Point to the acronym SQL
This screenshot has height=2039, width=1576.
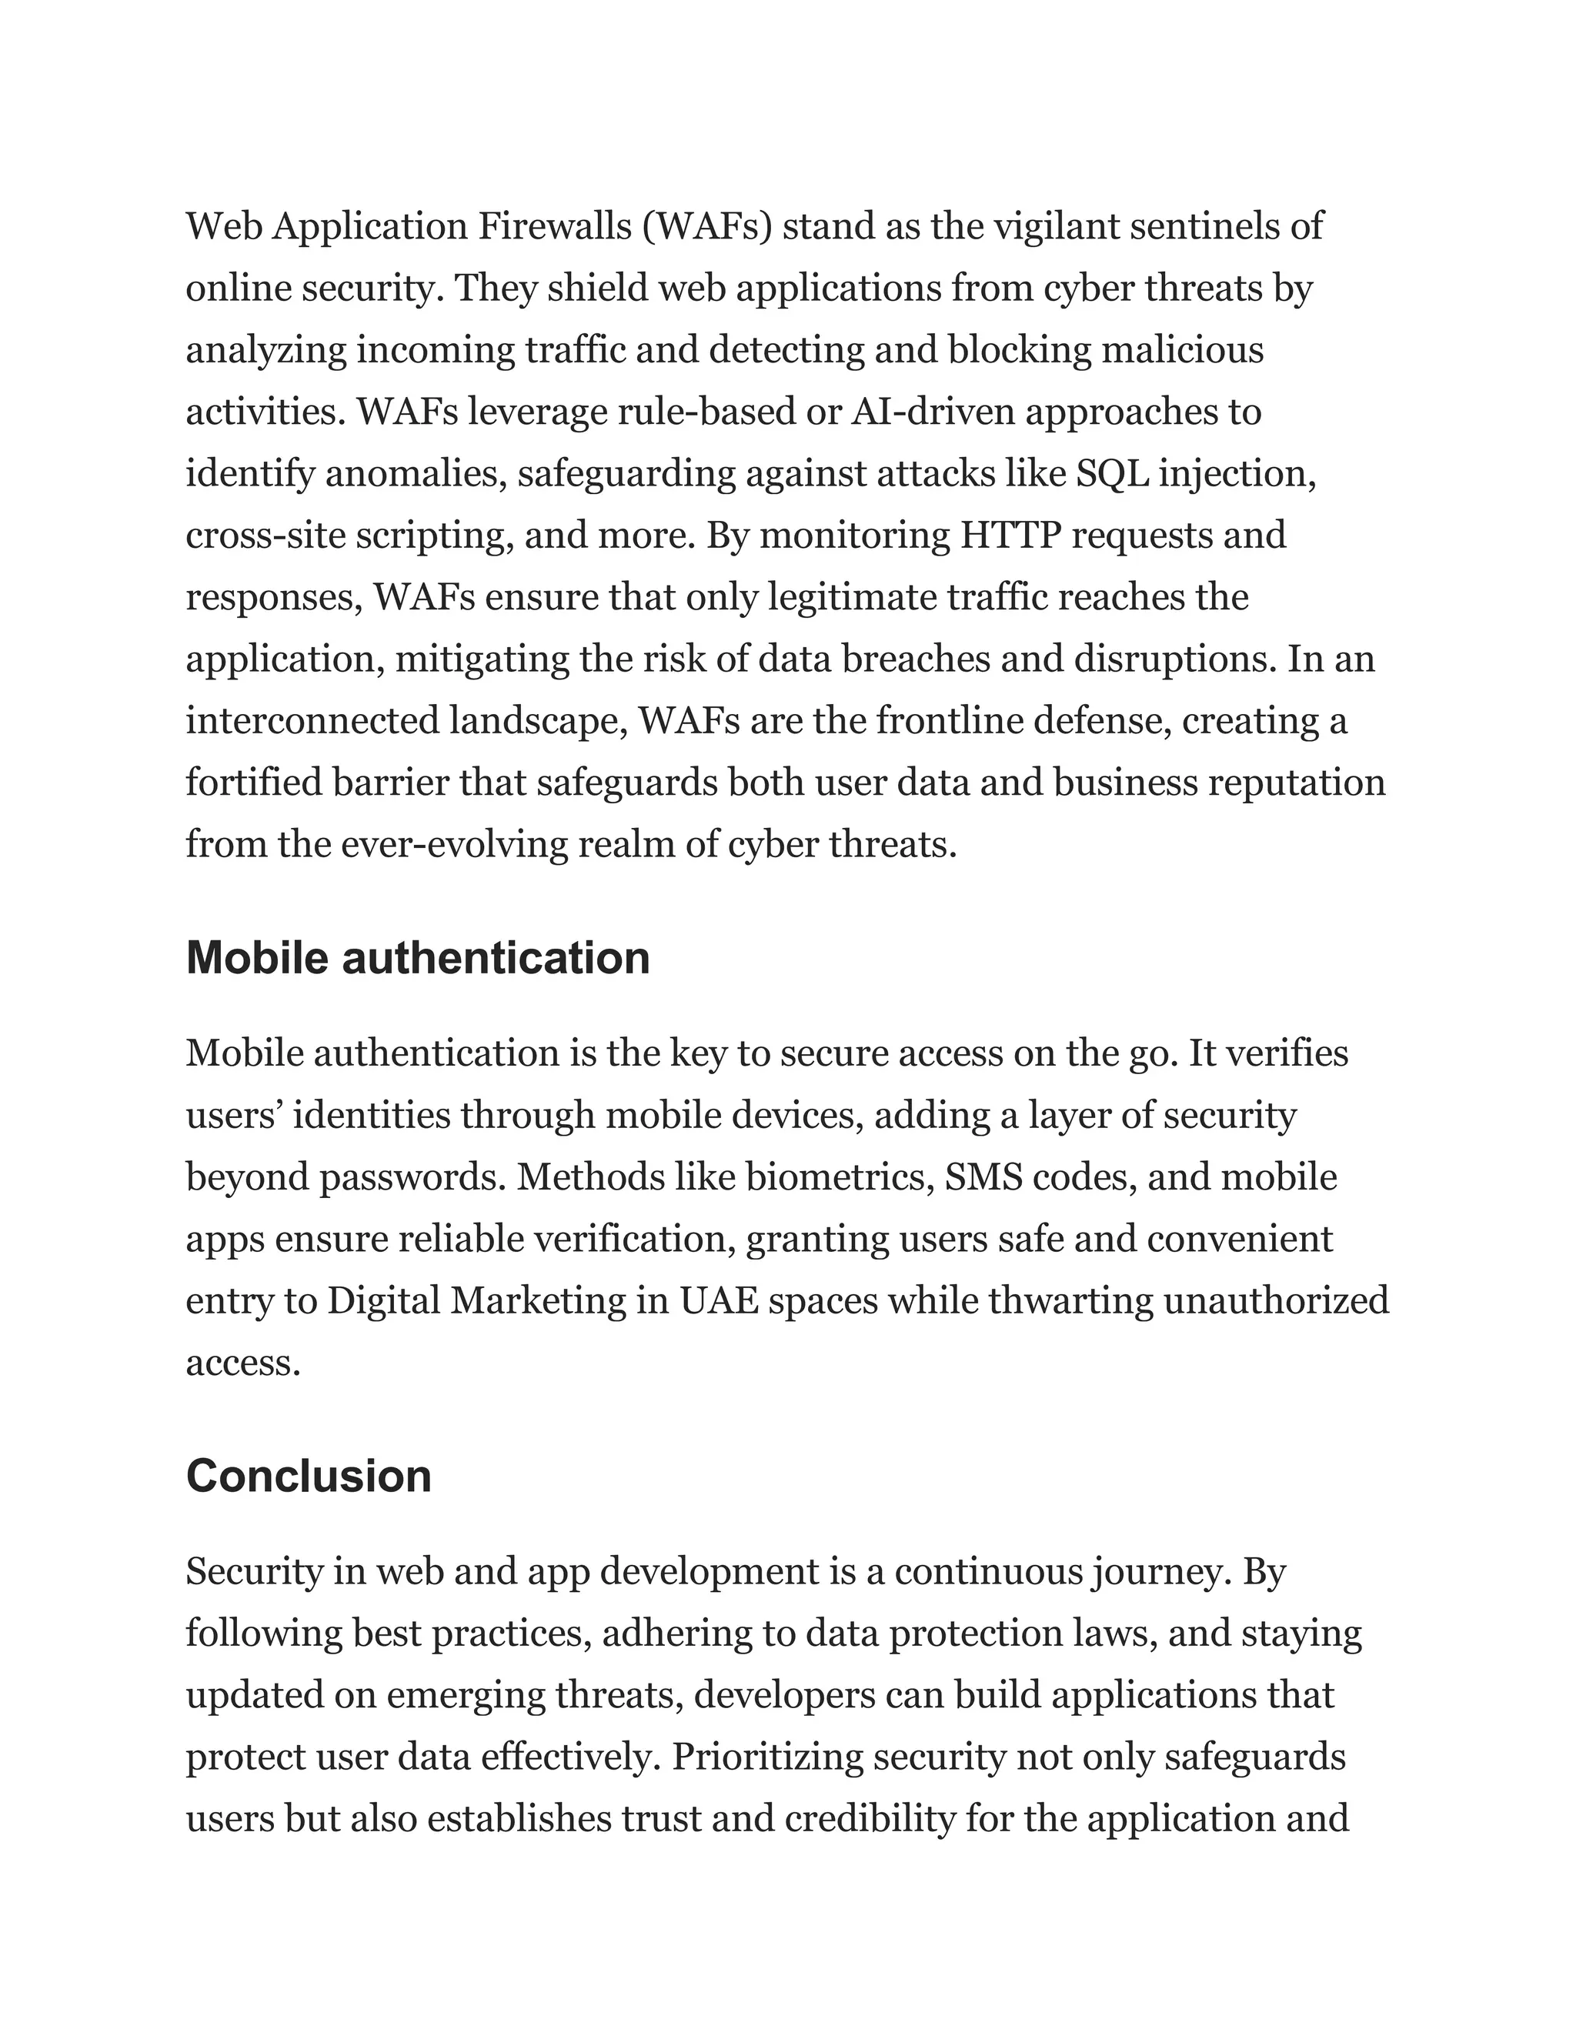(x=1113, y=474)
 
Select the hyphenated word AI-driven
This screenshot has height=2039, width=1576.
(x=933, y=412)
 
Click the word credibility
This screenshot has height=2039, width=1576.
(x=870, y=1820)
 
